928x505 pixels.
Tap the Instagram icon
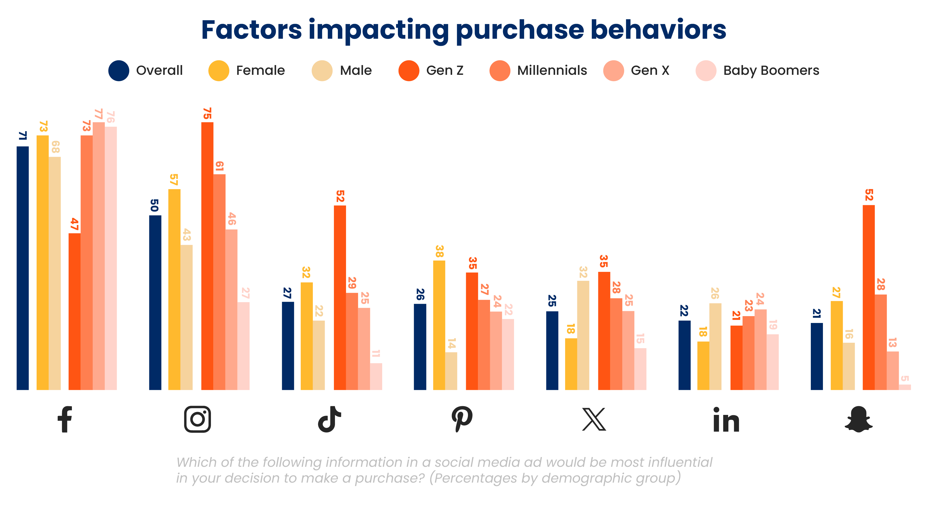pyautogui.click(x=198, y=419)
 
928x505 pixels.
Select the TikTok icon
pyautogui.click(x=329, y=419)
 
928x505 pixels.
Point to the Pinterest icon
pyautogui.click(x=462, y=419)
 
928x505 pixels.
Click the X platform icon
pyautogui.click(x=594, y=419)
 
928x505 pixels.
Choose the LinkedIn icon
pyautogui.click(x=726, y=420)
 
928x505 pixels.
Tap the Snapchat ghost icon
pyautogui.click(x=858, y=419)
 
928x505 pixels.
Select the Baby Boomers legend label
pyautogui.click(x=771, y=71)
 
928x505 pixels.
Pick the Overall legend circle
pyautogui.click(x=119, y=71)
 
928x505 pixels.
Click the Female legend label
pyautogui.click(x=260, y=71)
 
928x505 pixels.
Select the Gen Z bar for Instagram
pyautogui.click(x=207, y=256)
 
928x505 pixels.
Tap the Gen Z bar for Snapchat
pyautogui.click(x=868, y=297)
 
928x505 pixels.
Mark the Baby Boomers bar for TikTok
pyautogui.click(x=376, y=376)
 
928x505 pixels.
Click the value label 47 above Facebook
pyautogui.click(x=74, y=224)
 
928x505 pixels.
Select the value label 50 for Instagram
pyautogui.click(x=155, y=205)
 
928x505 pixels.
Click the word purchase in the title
pyautogui.click(x=520, y=30)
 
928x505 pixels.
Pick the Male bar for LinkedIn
pyautogui.click(x=715, y=346)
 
